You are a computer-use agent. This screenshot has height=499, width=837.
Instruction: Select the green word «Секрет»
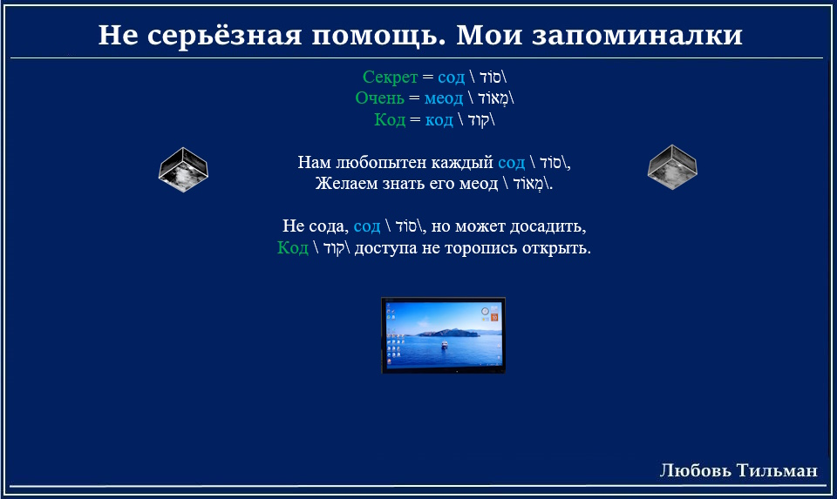click(391, 78)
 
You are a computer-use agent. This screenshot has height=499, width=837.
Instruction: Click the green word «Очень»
click(380, 98)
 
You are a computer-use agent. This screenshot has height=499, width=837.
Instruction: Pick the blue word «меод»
click(444, 98)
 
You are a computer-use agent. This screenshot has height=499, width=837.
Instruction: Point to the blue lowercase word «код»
click(439, 120)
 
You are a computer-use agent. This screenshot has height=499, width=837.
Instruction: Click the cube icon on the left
click(183, 170)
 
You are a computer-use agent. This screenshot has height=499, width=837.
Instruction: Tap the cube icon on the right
click(672, 167)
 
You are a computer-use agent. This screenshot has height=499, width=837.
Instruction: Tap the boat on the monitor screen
click(444, 346)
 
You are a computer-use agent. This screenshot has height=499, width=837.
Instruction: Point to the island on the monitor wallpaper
click(447, 333)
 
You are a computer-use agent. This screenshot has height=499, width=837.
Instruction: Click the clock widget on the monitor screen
click(485, 312)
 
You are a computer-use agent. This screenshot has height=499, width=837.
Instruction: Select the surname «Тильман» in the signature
click(777, 470)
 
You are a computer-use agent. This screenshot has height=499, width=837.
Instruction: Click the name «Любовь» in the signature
click(696, 470)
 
